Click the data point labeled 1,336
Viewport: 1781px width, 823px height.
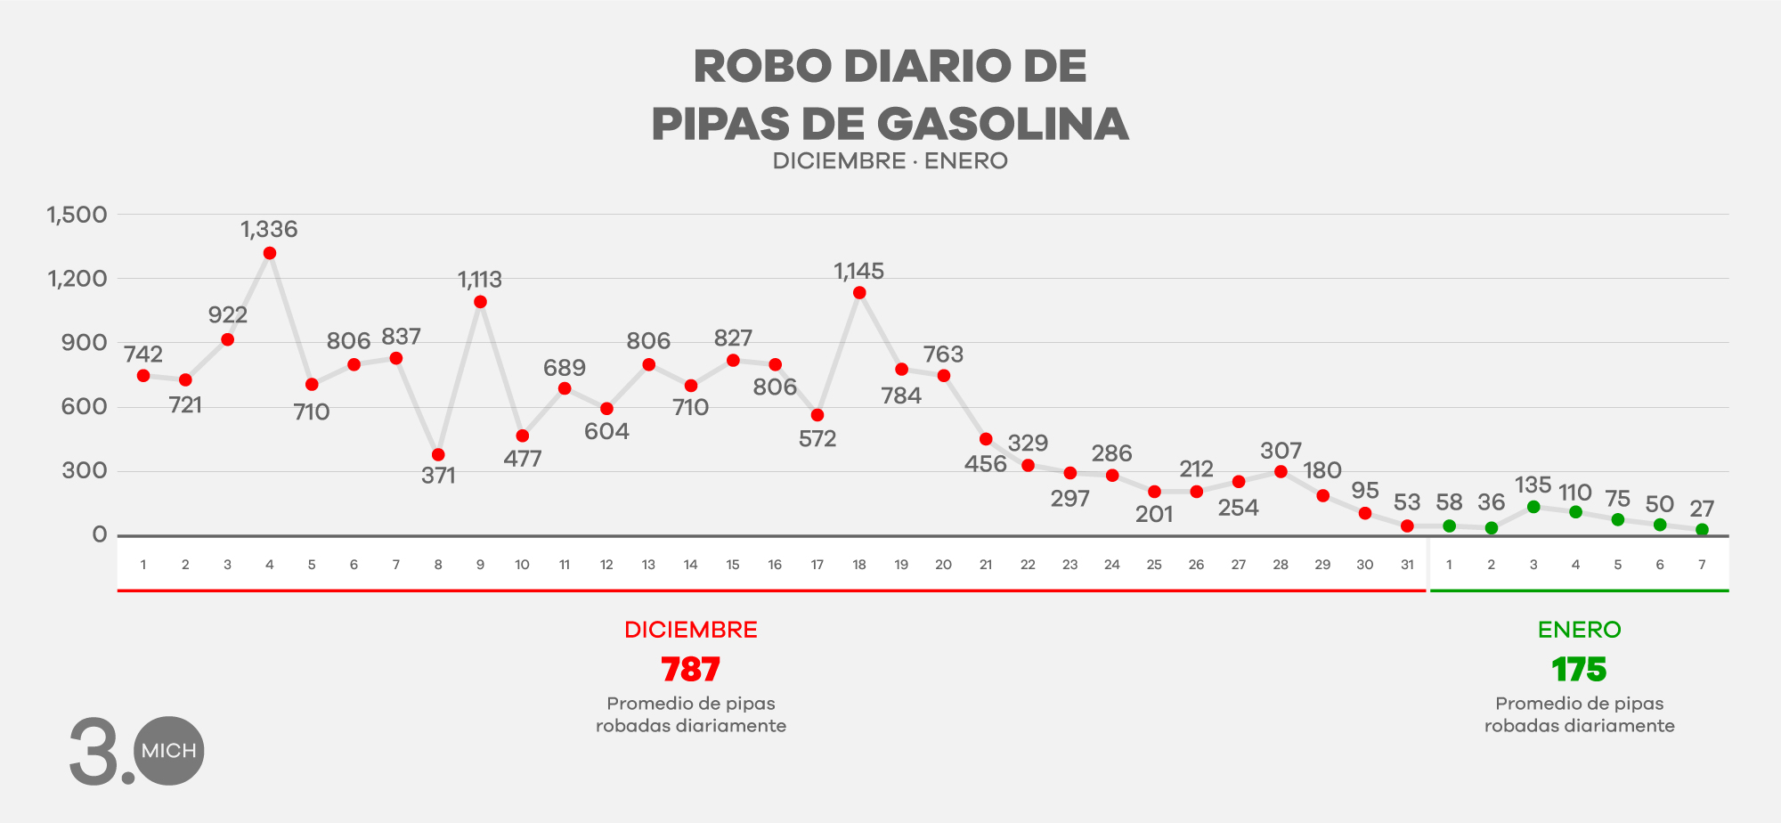click(270, 254)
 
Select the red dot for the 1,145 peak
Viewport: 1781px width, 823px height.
click(859, 293)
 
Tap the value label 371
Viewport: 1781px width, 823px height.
click(438, 476)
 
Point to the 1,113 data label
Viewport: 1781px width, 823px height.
click(480, 280)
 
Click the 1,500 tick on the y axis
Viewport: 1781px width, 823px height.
click(77, 215)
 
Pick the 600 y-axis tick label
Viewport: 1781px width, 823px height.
click(85, 407)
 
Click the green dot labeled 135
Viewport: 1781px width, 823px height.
click(1533, 508)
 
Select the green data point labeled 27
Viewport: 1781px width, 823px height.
click(1702, 530)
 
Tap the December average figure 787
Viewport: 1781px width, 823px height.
click(690, 670)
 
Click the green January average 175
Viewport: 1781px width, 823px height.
click(1579, 670)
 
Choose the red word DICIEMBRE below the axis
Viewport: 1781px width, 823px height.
click(690, 630)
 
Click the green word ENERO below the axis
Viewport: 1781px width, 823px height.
click(1579, 630)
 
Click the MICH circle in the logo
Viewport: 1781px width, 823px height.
click(169, 751)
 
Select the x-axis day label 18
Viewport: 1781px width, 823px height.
click(859, 565)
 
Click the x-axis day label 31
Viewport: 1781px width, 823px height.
click(1407, 565)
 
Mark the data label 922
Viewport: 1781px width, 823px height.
click(228, 315)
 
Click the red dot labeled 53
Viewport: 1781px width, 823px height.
click(1407, 526)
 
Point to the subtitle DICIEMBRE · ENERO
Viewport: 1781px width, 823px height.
click(890, 161)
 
